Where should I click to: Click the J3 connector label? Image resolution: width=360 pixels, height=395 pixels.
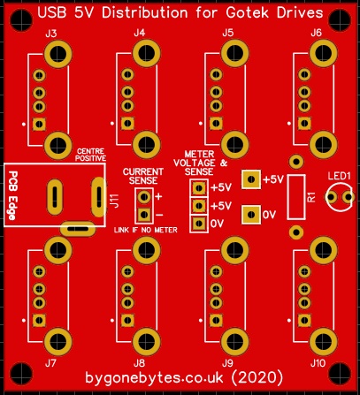pos(51,34)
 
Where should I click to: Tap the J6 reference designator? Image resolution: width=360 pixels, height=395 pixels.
pos(316,33)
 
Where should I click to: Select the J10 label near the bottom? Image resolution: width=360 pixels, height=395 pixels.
pos(318,363)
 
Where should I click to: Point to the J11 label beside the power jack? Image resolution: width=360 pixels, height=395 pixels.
pos(115,201)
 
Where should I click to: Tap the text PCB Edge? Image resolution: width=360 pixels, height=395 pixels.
pos(12,195)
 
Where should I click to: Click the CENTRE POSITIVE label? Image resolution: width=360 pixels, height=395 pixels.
pos(90,155)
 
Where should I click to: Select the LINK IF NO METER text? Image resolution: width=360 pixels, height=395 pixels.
pos(146,230)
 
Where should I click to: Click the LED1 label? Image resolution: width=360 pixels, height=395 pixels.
pos(340,176)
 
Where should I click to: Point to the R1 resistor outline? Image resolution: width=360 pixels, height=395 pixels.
pos(296,197)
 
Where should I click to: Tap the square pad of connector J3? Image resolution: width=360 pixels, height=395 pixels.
pos(39,124)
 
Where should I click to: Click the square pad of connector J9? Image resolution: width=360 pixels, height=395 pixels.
pos(216,321)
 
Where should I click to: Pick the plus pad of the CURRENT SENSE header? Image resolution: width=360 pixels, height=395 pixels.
pos(144,197)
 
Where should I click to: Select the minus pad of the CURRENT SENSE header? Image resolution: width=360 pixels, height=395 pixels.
pos(144,215)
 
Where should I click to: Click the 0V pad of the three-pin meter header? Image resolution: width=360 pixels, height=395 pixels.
pos(199,224)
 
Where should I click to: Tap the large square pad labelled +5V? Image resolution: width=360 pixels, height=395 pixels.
pos(251,179)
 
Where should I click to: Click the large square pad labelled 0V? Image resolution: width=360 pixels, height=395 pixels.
pos(251,215)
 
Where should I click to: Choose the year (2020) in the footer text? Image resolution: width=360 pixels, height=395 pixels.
pos(257,377)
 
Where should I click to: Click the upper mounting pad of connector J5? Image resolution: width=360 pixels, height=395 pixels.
pos(235,53)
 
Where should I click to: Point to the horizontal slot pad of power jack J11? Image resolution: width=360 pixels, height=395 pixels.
pos(78,229)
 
